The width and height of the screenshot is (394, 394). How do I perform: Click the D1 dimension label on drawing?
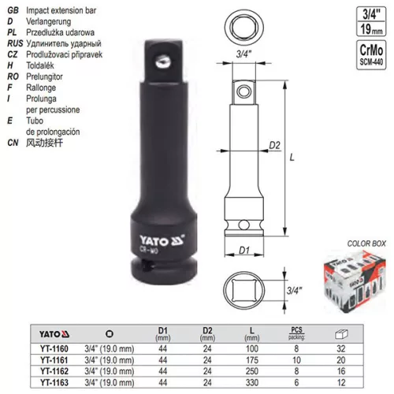(x=243, y=252)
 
